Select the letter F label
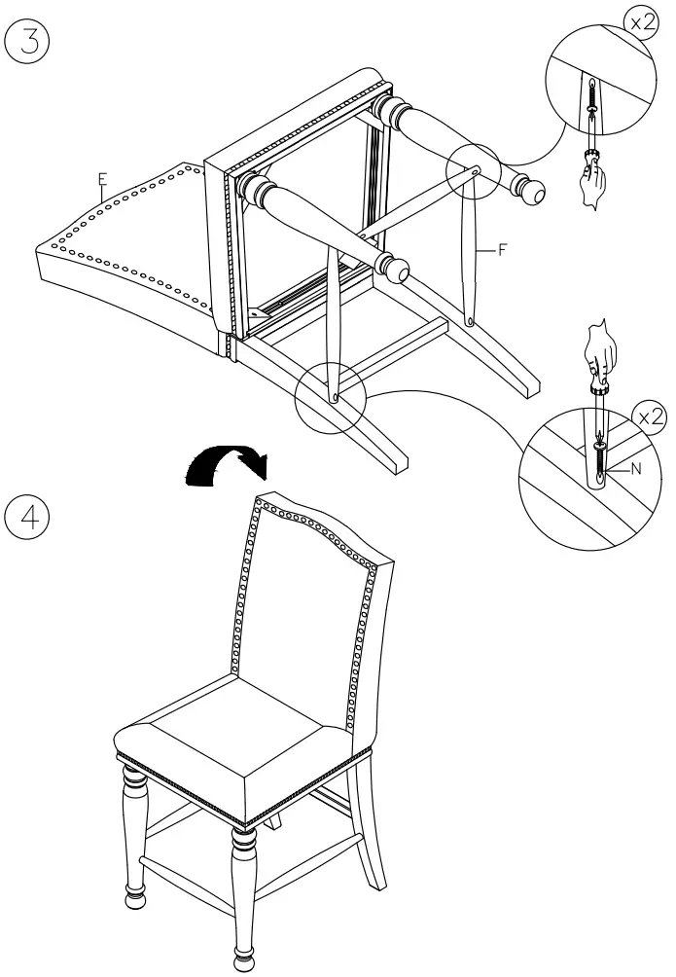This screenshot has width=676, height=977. (503, 250)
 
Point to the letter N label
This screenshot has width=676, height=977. (637, 468)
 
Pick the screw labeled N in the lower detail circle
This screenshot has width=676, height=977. (599, 457)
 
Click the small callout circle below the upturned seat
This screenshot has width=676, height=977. (329, 395)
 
